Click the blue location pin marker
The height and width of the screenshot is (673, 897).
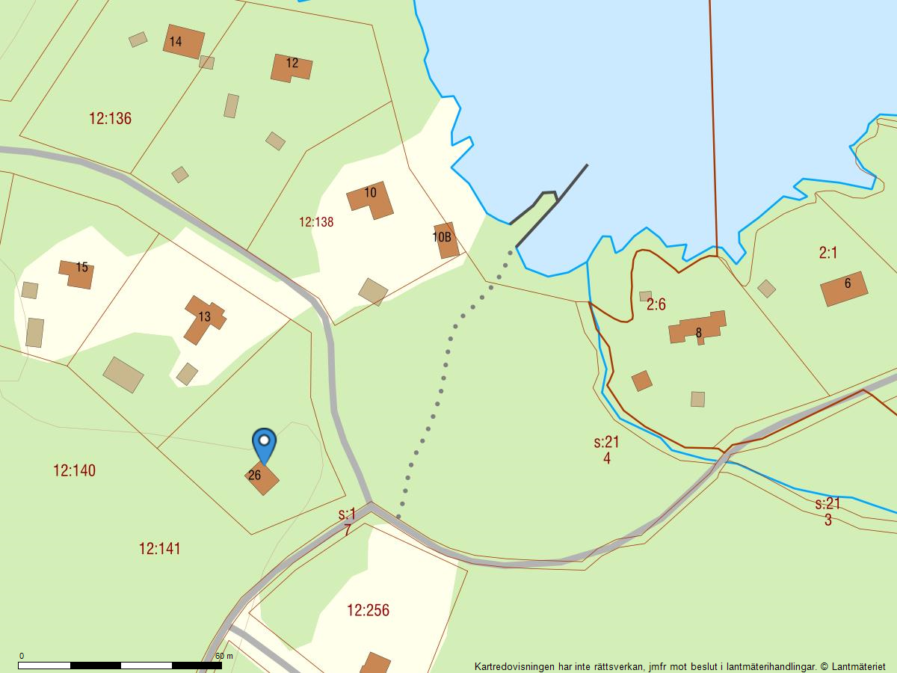point(264,443)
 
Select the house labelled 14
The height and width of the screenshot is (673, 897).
point(183,42)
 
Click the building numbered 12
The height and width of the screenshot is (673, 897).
point(292,67)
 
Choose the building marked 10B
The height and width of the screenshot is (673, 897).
point(446,239)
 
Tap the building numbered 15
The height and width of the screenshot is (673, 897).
point(78,273)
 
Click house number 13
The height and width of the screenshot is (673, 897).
point(204,319)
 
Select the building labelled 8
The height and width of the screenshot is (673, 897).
point(697,328)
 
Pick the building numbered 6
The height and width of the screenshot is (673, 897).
point(844,288)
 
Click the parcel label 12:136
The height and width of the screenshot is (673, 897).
point(110,118)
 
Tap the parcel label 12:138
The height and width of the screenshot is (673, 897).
point(316,222)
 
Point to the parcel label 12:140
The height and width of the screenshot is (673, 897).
point(74,470)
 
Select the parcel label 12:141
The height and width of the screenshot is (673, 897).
point(159,549)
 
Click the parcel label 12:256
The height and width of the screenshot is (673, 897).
point(368,610)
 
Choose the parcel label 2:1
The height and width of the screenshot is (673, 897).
point(827,253)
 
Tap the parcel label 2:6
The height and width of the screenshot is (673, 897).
point(656,304)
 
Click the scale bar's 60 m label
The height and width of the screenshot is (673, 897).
point(224,656)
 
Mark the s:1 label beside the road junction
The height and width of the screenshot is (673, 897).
point(347,514)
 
